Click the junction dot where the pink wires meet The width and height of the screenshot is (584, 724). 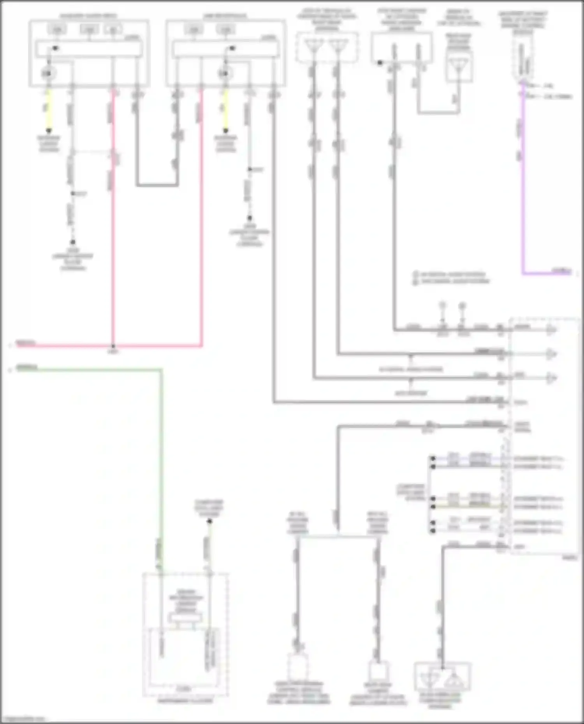[x=113, y=345]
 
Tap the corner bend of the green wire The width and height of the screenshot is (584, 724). [x=161, y=370]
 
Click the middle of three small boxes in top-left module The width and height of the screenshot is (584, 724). [x=89, y=29]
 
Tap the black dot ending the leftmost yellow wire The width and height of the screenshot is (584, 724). [x=49, y=131]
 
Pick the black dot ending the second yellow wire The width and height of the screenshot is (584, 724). [x=225, y=131]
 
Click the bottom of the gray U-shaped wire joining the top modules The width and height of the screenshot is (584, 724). [x=157, y=185]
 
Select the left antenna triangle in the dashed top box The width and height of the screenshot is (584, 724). [x=313, y=45]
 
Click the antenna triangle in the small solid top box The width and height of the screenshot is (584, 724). [x=459, y=66]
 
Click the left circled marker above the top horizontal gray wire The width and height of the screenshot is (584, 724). [x=442, y=306]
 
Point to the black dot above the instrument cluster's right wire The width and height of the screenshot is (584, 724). [x=209, y=521]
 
